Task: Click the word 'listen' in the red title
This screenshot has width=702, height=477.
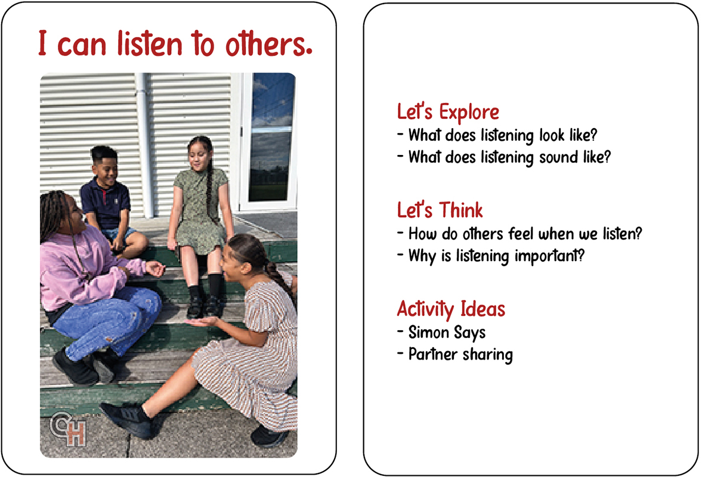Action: (150, 44)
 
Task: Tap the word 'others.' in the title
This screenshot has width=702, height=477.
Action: (269, 44)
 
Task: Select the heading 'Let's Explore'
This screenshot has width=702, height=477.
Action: (448, 112)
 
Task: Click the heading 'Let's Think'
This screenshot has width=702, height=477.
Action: (440, 210)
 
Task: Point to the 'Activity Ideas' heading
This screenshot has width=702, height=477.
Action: (451, 309)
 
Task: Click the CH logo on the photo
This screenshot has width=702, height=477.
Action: (68, 429)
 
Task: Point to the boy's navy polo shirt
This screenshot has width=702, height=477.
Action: (106, 203)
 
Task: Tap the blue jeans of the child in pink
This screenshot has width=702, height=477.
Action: (107, 320)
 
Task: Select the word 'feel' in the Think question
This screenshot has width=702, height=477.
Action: (522, 234)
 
